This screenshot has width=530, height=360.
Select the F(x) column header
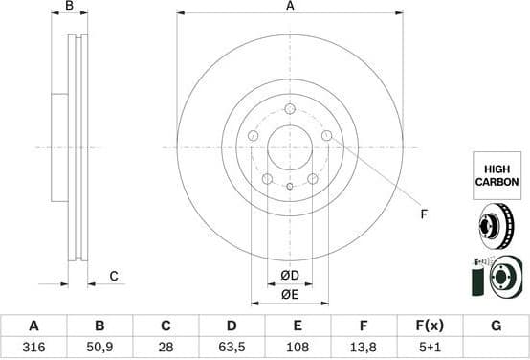tap(430, 326)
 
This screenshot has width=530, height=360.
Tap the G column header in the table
tap(496, 326)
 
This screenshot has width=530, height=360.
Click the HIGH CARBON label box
tap(495, 173)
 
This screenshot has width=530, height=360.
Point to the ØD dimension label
tap(290, 277)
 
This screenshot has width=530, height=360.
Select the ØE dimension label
tap(290, 294)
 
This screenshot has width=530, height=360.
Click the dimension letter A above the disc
tap(290, 7)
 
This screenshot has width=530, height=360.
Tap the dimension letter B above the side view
tap(69, 7)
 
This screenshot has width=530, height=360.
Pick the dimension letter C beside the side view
tap(113, 277)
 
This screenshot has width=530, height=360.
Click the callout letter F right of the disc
tap(424, 214)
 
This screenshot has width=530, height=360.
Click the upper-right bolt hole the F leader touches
tap(326, 136)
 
